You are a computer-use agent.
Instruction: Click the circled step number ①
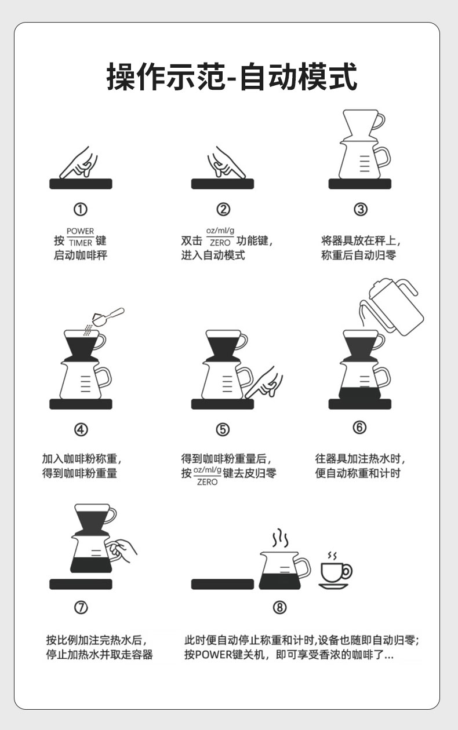click(81, 209)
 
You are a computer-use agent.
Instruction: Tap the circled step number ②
click(223, 209)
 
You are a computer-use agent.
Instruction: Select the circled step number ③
click(361, 209)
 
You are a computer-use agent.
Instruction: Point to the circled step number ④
click(81, 429)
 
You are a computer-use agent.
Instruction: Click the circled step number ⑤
click(223, 429)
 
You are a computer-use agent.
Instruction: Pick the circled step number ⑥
click(359, 427)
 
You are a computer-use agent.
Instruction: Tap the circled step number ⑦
click(81, 607)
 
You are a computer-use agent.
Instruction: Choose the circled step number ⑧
click(279, 607)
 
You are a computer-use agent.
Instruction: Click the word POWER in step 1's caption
click(80, 231)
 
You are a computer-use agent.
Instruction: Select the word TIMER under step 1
click(81, 243)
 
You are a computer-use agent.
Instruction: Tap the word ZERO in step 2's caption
click(220, 243)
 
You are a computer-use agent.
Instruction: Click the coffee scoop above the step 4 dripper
click(108, 316)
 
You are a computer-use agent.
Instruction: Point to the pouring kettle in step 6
click(391, 307)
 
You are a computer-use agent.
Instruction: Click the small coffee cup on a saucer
click(335, 570)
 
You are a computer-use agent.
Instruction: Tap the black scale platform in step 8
click(223, 584)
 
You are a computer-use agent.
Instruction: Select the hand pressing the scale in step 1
click(79, 163)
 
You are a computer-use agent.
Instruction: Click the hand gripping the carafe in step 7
click(121, 551)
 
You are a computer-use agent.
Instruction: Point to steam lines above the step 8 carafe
click(281, 538)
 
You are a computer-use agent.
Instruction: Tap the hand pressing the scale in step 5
click(264, 382)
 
